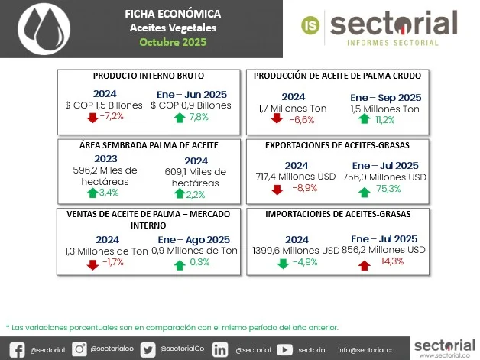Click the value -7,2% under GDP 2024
coord(112,117)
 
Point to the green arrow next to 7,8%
coord(180,117)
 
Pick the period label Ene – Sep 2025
coord(386,98)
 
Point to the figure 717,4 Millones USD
coord(296,177)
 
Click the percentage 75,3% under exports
coord(388,189)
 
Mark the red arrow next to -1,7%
coord(93,264)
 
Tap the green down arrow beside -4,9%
coord(282,264)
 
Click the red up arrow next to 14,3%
coord(363,264)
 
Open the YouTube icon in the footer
coord(284,349)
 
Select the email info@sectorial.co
coord(366,349)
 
